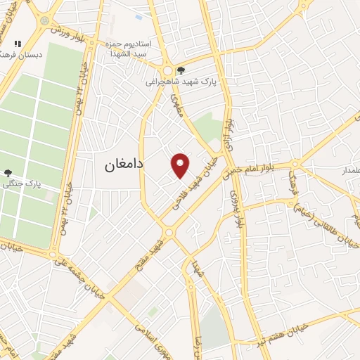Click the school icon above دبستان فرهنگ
18,44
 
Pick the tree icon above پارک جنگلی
8,172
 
